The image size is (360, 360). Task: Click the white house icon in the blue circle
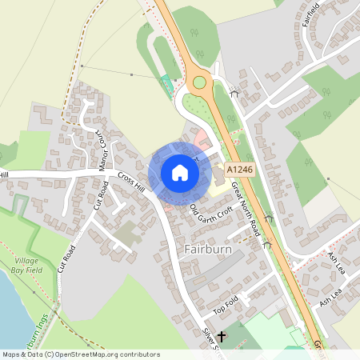(x=180, y=172)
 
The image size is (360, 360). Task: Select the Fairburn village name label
(x=208, y=249)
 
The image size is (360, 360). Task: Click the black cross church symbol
(x=221, y=338)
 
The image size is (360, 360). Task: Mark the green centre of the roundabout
(x=199, y=82)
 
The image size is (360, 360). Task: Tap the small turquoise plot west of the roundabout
(x=166, y=82)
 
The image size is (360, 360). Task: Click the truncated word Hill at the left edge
(x=4, y=174)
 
